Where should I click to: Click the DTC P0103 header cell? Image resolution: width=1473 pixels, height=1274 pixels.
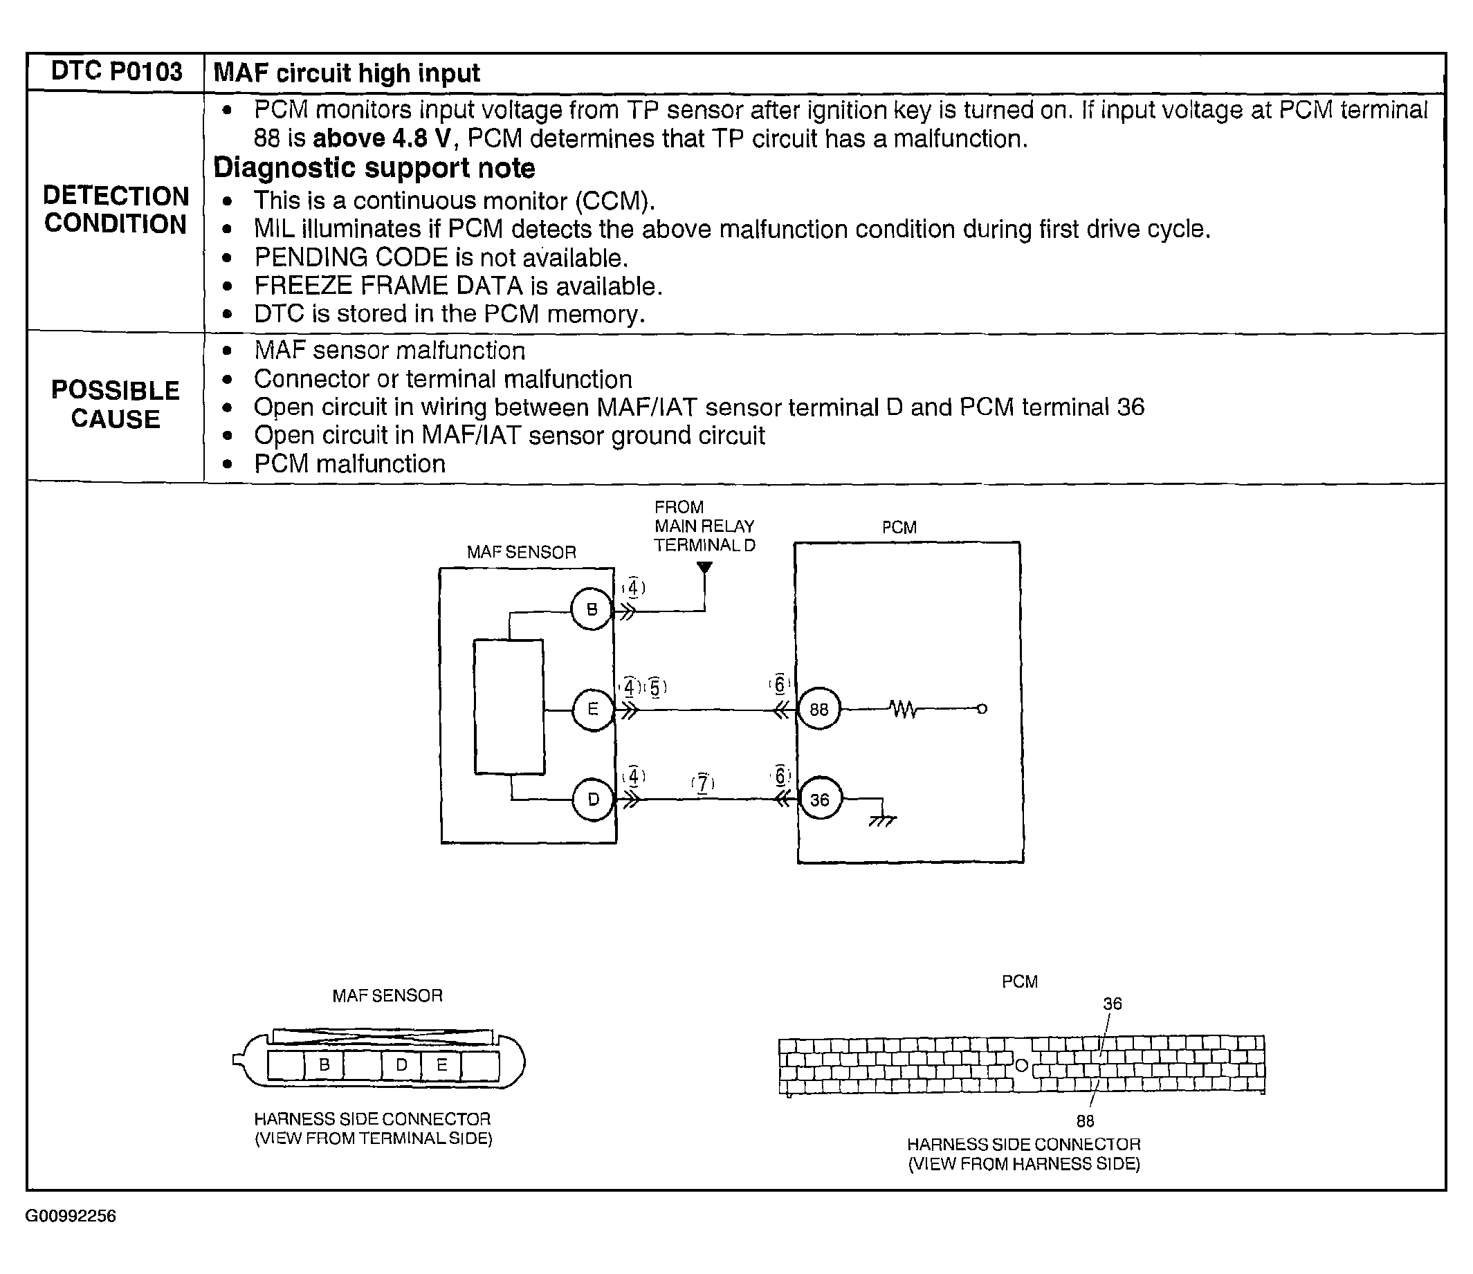116,72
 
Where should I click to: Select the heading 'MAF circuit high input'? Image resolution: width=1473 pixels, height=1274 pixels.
347,73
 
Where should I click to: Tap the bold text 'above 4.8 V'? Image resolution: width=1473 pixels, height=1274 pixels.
382,138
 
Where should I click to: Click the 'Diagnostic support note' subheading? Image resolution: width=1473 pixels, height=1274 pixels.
374,169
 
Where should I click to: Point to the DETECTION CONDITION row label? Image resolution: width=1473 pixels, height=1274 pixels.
116,210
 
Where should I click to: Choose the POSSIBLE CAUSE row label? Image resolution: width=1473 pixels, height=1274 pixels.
116,405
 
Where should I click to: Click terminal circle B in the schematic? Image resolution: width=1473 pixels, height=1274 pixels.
592,609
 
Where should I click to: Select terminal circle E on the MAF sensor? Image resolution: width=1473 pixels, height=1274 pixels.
592,710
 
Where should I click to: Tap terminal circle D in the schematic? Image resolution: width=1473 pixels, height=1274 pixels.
593,800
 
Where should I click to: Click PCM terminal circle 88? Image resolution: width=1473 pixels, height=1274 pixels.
818,710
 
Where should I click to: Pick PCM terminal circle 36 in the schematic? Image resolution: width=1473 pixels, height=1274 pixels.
819,800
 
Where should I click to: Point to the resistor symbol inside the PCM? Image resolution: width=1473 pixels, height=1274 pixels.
904,709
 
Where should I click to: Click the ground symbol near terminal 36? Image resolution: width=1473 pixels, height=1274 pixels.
882,820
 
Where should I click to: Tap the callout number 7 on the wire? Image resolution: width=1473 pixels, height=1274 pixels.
702,784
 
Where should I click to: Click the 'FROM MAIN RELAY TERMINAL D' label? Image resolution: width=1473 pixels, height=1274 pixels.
704,526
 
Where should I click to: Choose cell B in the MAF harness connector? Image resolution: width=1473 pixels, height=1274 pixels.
324,1065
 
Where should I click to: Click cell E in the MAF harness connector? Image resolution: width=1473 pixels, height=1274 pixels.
441,1065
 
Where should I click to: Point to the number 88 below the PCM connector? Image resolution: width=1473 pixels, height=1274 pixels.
1085,1121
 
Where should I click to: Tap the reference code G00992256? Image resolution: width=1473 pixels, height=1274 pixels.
71,1217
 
